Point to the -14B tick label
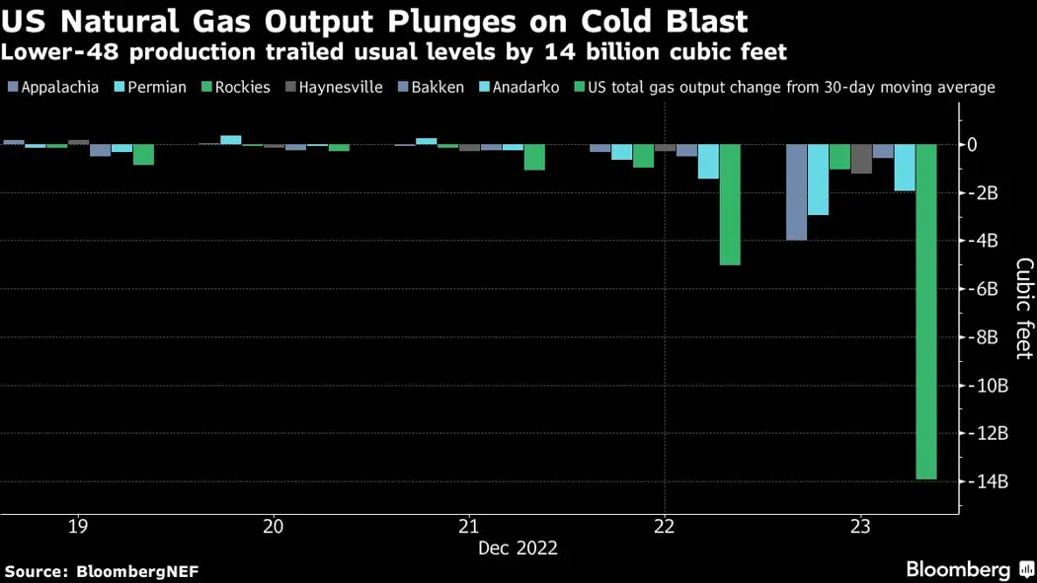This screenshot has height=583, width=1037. [988, 482]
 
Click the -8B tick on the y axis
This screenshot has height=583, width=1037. [985, 337]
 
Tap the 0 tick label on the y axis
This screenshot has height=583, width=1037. [973, 145]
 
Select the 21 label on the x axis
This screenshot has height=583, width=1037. [469, 526]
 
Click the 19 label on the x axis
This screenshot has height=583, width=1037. [78, 526]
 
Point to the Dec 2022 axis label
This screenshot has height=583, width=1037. [518, 547]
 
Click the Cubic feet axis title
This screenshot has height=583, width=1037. [1024, 309]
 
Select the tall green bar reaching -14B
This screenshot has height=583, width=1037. [926, 312]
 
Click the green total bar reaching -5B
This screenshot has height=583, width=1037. [730, 204]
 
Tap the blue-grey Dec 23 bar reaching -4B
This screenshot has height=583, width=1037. [796, 192]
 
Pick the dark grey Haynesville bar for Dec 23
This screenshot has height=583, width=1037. [861, 159]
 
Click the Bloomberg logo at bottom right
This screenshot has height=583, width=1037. [958, 569]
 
